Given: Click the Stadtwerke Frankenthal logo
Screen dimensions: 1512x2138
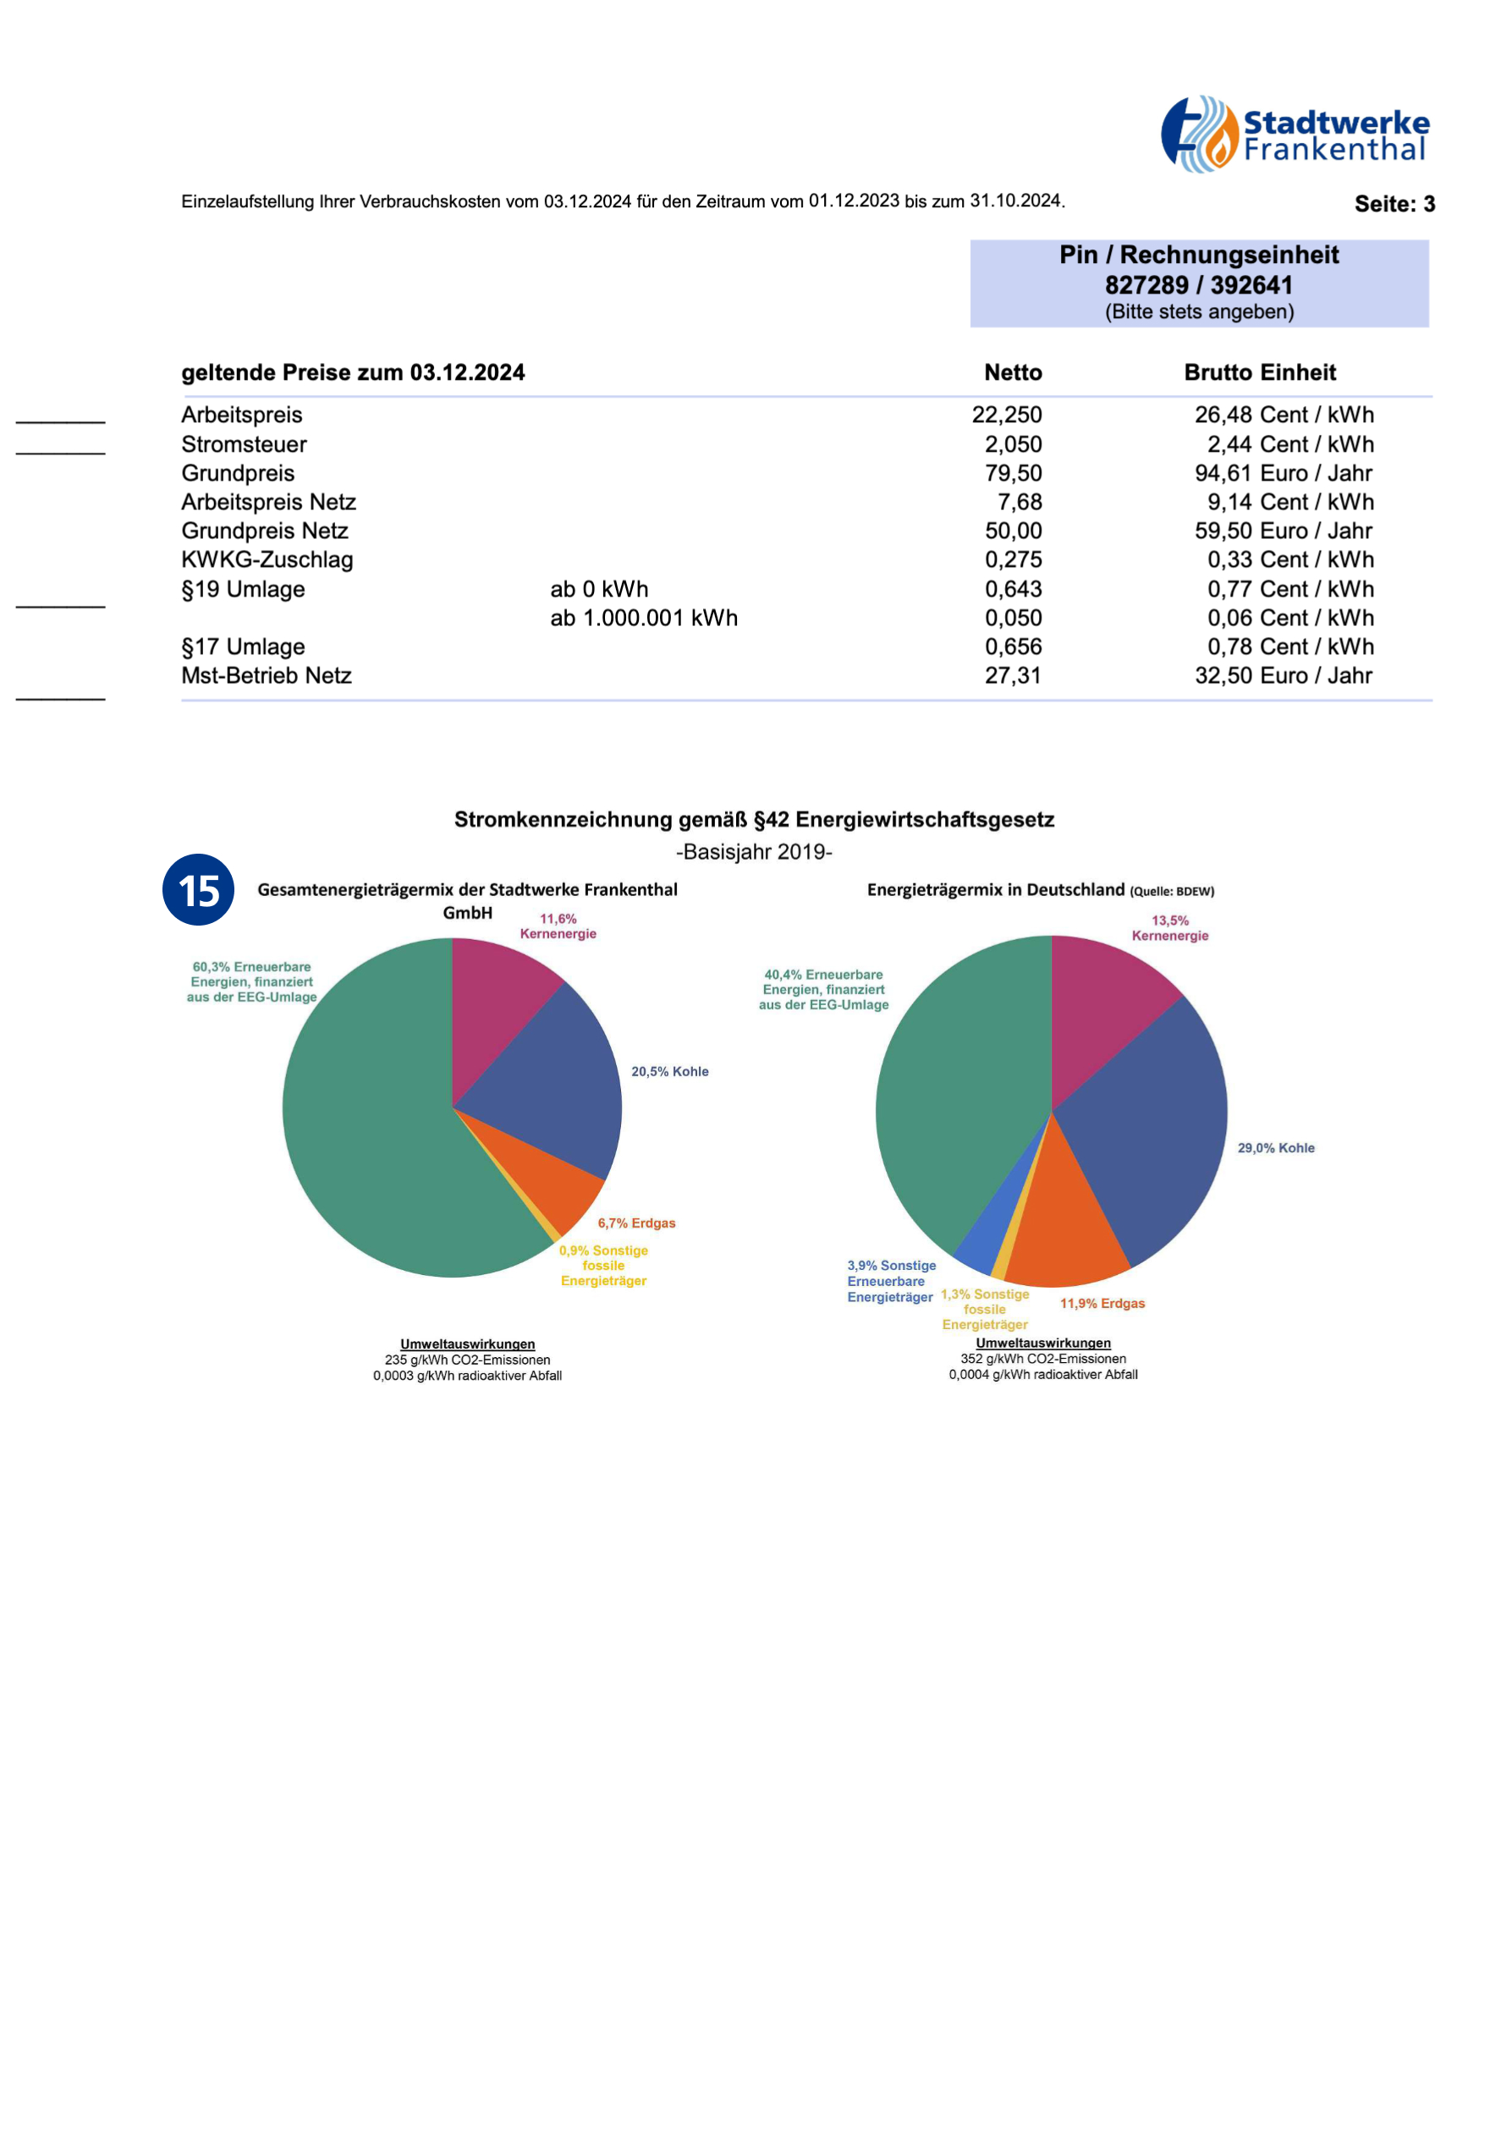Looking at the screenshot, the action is click(x=1295, y=134).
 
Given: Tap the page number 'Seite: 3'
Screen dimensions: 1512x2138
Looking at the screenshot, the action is click(x=1394, y=204).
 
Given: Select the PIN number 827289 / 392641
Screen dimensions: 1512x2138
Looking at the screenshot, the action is click(x=1198, y=285).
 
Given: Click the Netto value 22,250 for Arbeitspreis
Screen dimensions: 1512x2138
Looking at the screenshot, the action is click(x=1006, y=415).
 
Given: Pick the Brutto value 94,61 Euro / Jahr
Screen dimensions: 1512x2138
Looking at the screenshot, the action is click(x=1283, y=473).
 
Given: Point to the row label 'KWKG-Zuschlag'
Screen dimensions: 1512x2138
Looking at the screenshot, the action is click(x=267, y=559).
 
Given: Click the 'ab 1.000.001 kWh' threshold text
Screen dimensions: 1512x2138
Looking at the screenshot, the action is click(x=643, y=618).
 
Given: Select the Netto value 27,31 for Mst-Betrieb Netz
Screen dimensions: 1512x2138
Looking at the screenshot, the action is click(x=1013, y=675).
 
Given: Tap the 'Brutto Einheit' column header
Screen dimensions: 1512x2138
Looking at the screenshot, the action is click(x=1260, y=372).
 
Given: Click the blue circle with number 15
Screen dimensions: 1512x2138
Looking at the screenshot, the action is click(x=198, y=889).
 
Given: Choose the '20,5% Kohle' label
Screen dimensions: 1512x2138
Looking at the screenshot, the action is click(x=669, y=1072).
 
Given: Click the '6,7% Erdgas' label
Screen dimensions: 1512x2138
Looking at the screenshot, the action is click(x=637, y=1223).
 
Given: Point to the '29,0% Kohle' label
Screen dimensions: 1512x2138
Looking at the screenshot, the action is click(x=1276, y=1148).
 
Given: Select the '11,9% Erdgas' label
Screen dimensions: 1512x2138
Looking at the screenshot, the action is click(x=1102, y=1304).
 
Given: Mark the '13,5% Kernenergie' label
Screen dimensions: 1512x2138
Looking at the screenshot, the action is click(x=1170, y=928).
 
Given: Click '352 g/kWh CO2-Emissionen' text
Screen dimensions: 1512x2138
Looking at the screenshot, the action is click(x=1042, y=1359).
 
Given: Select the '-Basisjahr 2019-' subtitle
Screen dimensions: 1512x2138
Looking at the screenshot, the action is click(x=754, y=852).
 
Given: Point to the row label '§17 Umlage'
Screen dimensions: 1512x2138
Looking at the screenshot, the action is click(x=243, y=646).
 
